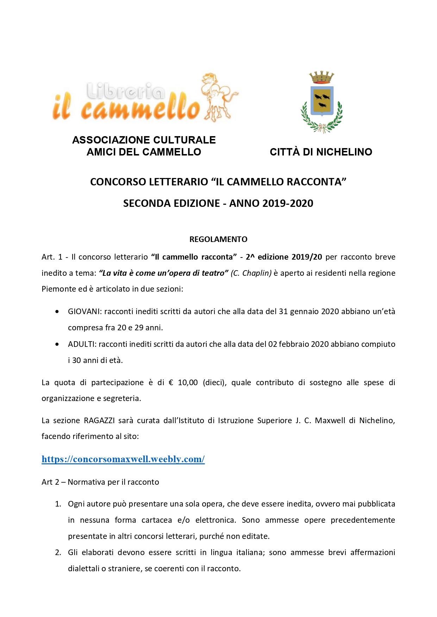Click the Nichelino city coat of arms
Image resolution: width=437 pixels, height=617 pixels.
(321, 102)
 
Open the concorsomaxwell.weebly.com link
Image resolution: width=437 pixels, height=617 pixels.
(123, 459)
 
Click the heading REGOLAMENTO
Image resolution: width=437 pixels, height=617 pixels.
(218, 239)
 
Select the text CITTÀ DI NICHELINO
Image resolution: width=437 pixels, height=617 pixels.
(321, 152)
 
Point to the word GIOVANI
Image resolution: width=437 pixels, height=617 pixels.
(84, 311)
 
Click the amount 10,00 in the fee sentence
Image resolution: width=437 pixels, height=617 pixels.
(188, 382)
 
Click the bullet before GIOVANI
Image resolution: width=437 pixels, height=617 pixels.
(57, 312)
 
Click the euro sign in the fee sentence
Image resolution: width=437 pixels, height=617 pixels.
(171, 382)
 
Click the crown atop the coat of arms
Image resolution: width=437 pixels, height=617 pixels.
(321, 77)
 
